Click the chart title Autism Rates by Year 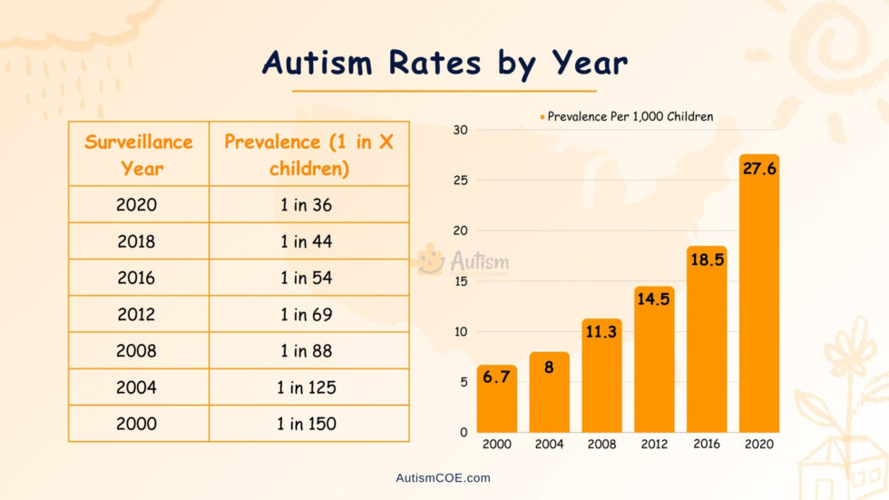(x=444, y=63)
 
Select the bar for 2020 (x=759, y=299)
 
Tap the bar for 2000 (x=496, y=399)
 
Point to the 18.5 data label (x=706, y=259)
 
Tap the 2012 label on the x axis (x=653, y=444)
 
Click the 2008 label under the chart (x=601, y=444)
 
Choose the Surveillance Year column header (x=139, y=154)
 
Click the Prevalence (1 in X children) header (x=308, y=154)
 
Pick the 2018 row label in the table (x=136, y=241)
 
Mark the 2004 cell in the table (x=136, y=387)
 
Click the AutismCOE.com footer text (x=444, y=477)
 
